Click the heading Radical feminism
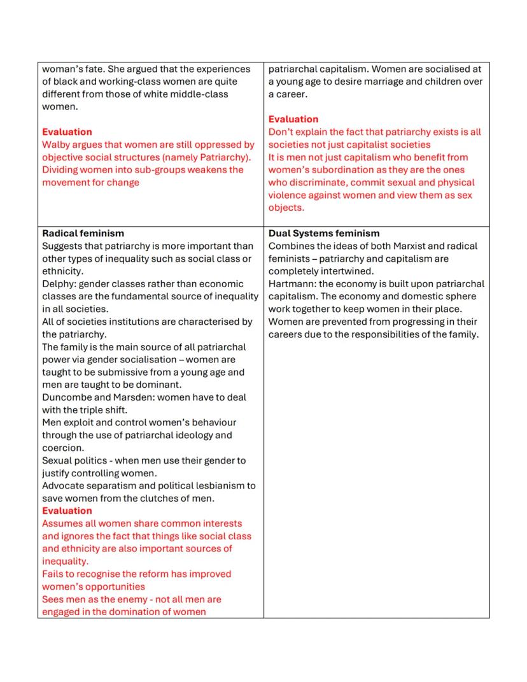click(83, 233)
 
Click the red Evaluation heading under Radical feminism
click(67, 511)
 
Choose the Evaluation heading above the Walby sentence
click(67, 132)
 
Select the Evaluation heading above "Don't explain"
click(293, 119)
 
